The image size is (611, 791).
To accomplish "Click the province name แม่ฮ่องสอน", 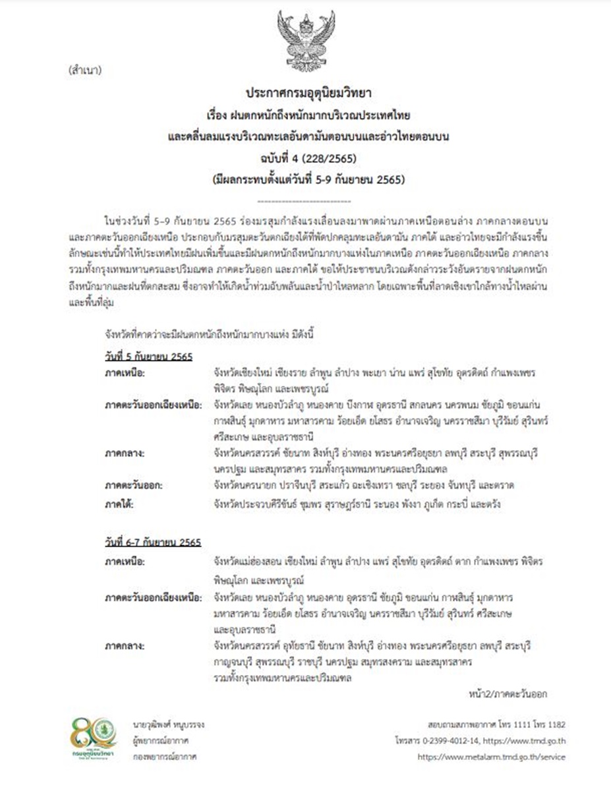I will [258, 562].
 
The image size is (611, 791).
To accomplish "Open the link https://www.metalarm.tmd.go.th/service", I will [492, 757].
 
